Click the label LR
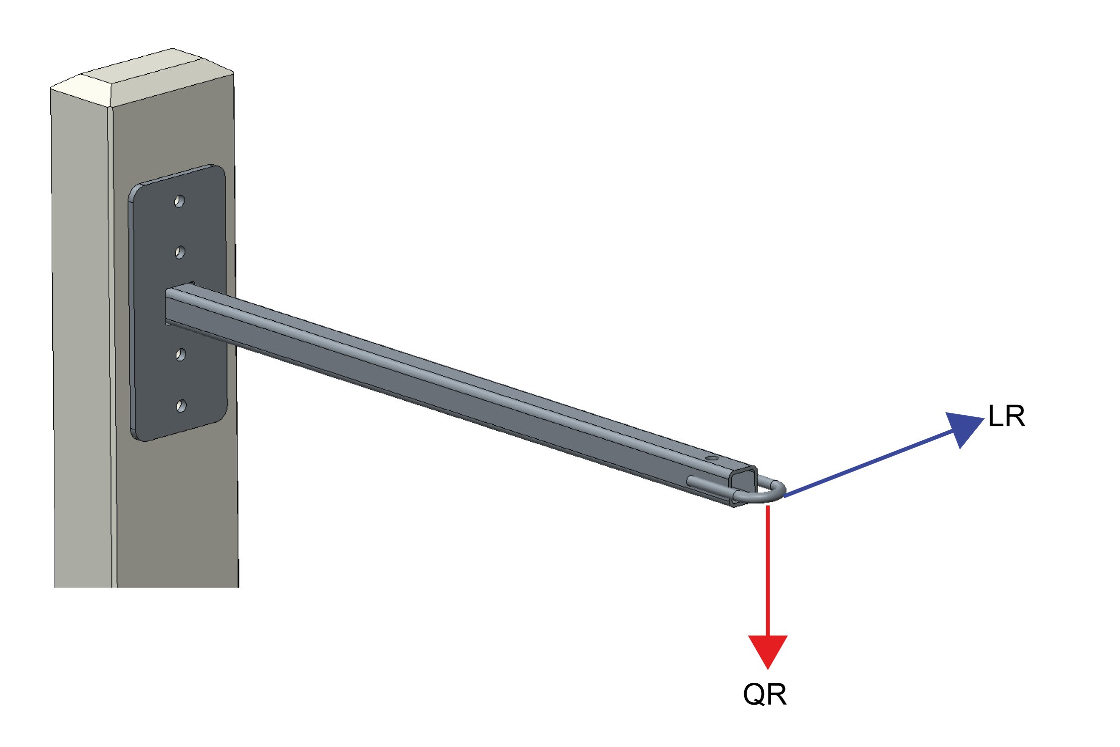point(1007,416)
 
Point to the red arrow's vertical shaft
point(768,571)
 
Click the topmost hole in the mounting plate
point(179,201)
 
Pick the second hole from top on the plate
point(180,252)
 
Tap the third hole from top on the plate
point(181,355)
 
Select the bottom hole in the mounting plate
point(181,406)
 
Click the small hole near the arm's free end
point(712,458)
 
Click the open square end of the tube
point(744,485)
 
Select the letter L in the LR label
point(995,416)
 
